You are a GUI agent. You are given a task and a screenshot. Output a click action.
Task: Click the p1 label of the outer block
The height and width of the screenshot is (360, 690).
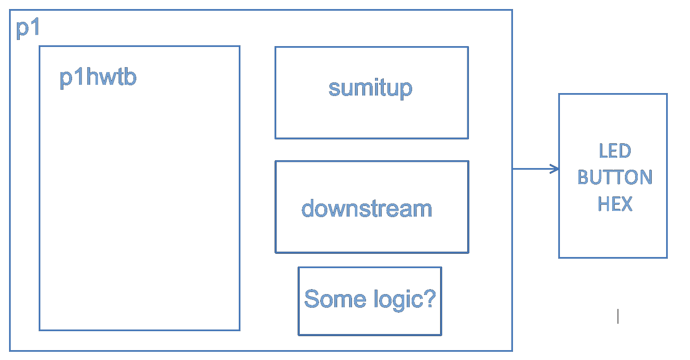[x=28, y=28]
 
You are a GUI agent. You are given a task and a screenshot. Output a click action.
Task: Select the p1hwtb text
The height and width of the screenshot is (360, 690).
[x=98, y=78]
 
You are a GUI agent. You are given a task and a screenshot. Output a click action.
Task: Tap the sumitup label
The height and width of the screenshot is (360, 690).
[x=370, y=89]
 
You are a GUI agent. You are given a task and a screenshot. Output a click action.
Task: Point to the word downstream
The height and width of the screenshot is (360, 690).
[x=366, y=208]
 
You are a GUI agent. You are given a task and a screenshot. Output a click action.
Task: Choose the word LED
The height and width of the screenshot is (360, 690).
[x=615, y=151]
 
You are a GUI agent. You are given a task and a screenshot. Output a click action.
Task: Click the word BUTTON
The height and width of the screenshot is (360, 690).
[x=615, y=177]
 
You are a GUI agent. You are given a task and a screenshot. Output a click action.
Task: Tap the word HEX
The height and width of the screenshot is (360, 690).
[x=615, y=204]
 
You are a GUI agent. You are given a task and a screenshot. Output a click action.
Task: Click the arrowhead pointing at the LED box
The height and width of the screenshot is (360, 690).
[x=555, y=169]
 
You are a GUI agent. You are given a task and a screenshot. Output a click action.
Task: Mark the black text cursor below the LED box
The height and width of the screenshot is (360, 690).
[x=618, y=316]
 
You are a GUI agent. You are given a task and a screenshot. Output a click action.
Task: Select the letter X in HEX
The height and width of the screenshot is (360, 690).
[x=626, y=204]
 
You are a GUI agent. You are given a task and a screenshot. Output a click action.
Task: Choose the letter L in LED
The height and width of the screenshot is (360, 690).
[x=604, y=151]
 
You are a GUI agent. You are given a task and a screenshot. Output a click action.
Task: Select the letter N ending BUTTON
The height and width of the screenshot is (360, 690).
[x=646, y=177]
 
